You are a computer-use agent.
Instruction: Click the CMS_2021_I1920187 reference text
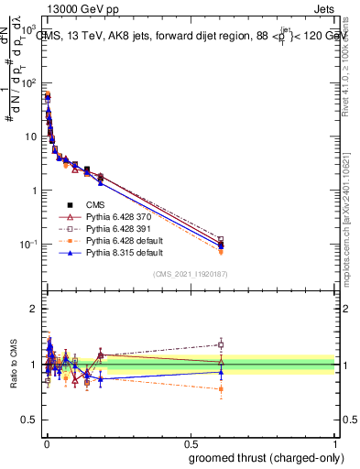(190, 274)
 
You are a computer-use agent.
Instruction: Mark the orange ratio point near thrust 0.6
(221, 389)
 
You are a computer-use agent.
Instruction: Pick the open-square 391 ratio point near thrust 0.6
(221, 344)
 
